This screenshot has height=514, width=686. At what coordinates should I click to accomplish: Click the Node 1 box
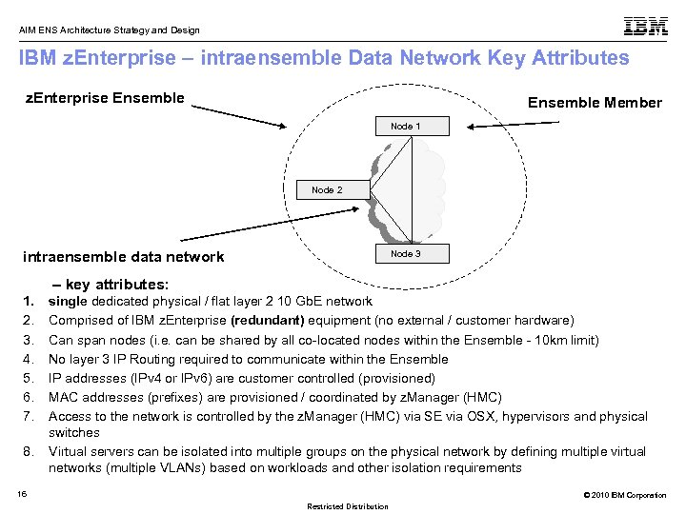point(405,127)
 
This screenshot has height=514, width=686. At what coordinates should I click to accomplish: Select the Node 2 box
point(327,190)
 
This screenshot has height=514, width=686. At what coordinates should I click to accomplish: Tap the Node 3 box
point(405,254)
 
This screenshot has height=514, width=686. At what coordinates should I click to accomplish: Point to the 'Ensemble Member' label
point(595,103)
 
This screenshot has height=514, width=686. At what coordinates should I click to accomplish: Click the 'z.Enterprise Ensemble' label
point(104,97)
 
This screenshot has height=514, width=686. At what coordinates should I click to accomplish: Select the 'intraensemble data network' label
point(124,256)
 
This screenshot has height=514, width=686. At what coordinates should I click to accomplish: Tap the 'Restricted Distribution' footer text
point(347,506)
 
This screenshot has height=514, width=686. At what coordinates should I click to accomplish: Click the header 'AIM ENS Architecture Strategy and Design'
point(110,29)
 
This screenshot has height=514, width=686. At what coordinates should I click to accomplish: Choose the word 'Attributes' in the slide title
point(575,58)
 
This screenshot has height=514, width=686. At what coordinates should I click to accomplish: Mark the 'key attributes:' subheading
point(117,285)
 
